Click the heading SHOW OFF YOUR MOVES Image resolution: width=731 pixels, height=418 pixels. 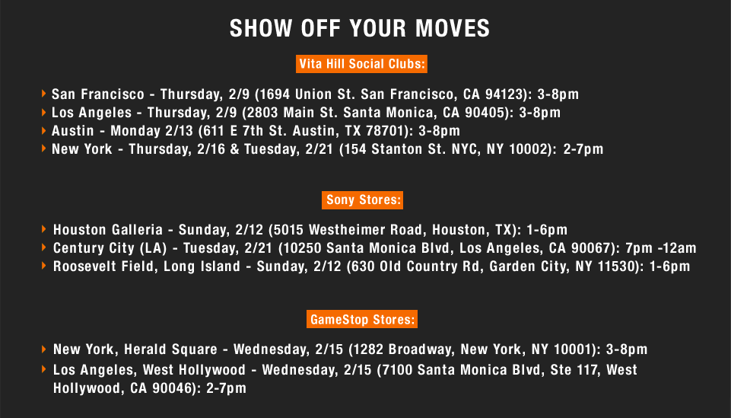(360, 28)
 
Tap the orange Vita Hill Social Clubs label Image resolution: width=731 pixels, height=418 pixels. (361, 64)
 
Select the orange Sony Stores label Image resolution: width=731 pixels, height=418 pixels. (362, 200)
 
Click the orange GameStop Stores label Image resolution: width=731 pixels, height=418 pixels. (362, 320)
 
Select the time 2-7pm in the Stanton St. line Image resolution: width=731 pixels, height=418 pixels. (583, 149)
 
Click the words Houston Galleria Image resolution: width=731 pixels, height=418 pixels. (108, 229)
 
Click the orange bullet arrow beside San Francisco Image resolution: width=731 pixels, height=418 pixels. (44, 94)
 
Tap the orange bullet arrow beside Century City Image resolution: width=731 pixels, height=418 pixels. (44, 247)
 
